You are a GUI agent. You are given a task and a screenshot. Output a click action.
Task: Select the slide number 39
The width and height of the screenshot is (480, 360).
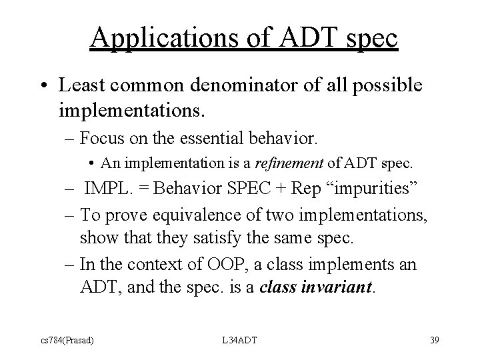pos(435,341)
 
